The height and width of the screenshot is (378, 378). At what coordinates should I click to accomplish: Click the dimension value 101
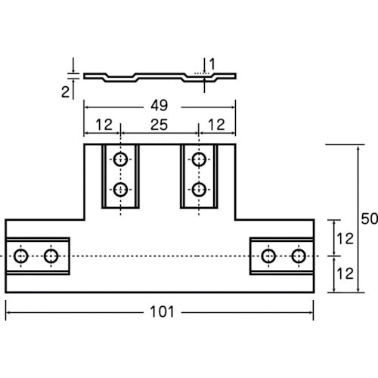(x=162, y=312)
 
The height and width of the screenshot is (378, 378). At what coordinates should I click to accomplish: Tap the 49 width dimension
(x=160, y=106)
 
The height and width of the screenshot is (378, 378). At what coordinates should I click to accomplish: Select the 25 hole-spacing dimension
(x=159, y=125)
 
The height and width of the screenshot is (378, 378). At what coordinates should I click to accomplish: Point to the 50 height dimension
(x=370, y=218)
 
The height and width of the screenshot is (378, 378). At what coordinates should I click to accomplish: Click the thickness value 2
(x=66, y=92)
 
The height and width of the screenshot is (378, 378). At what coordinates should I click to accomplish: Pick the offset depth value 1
(x=212, y=64)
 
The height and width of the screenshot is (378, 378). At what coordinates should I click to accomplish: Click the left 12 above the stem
(x=104, y=125)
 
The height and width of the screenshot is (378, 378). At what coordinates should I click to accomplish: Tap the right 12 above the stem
(x=216, y=125)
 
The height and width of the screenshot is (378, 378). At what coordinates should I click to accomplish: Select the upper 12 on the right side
(x=345, y=239)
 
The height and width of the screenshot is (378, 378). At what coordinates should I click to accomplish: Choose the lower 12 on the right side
(x=345, y=274)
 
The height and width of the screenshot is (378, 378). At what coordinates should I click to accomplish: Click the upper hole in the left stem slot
(x=120, y=160)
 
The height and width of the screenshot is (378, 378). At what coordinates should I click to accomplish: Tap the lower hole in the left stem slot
(x=120, y=190)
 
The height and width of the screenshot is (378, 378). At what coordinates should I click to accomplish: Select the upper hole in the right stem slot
(x=199, y=160)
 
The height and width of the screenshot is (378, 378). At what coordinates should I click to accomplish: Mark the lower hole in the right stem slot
(x=199, y=190)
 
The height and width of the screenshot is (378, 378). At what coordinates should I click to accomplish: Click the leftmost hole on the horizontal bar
(x=21, y=256)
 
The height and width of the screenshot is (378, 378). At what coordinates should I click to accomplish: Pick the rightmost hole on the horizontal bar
(x=299, y=256)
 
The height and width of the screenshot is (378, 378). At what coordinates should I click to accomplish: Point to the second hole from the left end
(x=51, y=256)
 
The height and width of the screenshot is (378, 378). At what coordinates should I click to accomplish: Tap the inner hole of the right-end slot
(x=268, y=256)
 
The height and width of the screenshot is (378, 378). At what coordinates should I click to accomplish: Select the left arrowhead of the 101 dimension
(x=8, y=312)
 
